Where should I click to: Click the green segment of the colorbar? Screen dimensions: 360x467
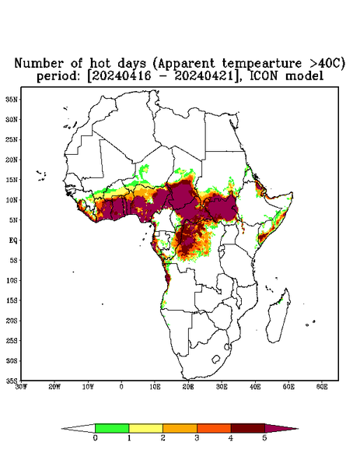pos(112,428)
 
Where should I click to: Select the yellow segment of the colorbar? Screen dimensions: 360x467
pos(145,428)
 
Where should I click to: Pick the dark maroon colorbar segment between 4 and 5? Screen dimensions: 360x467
pos(248,428)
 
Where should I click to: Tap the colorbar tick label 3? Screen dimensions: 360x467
pos(197,438)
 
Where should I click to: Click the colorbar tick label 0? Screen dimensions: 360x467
pos(95,438)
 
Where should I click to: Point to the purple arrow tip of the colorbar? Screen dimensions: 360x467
pos(298,429)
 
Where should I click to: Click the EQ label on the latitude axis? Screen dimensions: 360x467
pos(13,240)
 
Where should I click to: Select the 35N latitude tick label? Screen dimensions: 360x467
pos(12,99)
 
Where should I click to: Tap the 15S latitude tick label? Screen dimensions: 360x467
pos(12,300)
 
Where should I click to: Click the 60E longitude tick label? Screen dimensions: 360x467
pos(322,387)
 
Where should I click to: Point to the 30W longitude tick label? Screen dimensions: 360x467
pos(21,387)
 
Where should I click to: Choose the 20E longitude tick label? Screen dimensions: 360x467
pos(188,387)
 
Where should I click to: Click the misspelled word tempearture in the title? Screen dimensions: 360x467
pos(257,64)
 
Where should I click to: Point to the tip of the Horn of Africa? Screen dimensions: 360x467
pos(293,193)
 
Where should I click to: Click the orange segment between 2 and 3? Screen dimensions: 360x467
pos(180,428)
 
